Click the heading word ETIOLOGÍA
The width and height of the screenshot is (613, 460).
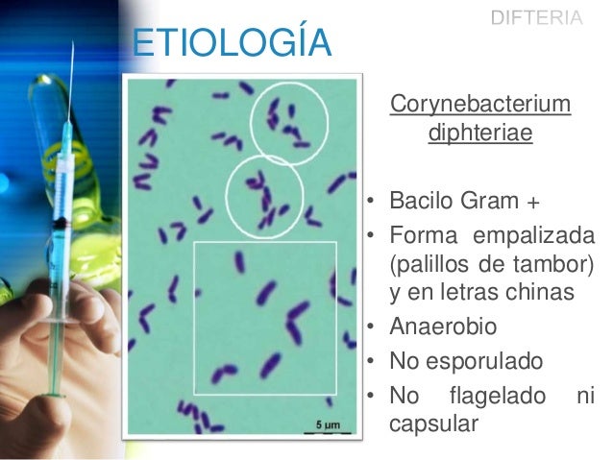point(230,43)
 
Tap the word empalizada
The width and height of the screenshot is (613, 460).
point(528,236)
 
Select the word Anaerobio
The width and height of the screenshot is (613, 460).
point(443,327)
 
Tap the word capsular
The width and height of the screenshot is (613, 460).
point(432,424)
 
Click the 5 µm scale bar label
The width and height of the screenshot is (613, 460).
point(328,423)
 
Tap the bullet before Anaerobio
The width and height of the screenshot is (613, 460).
point(370,328)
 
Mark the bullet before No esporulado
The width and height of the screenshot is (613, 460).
point(370,362)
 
